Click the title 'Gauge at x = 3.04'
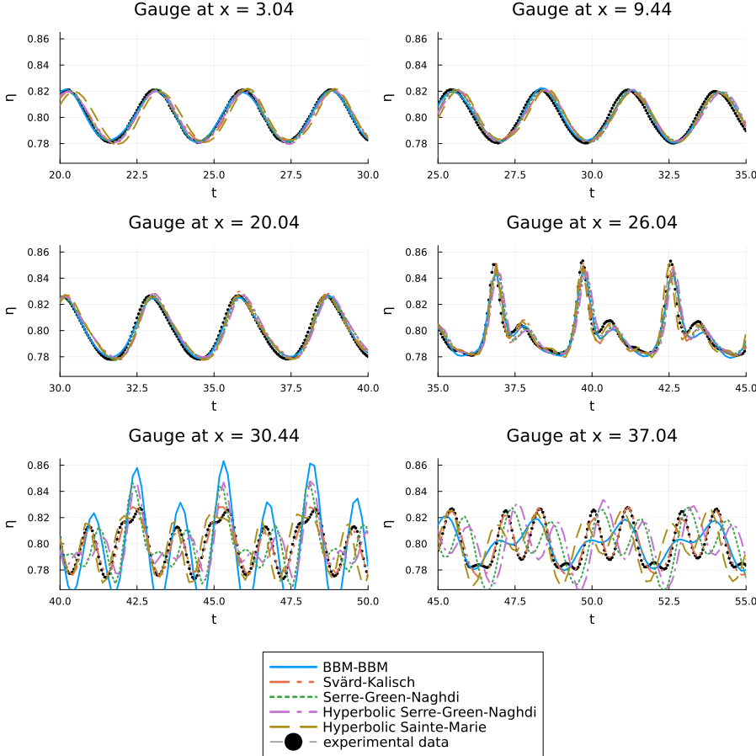point(213,10)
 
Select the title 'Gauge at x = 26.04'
point(591,223)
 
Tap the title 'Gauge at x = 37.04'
point(591,436)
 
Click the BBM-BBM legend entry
point(355,667)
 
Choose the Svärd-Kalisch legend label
point(369,682)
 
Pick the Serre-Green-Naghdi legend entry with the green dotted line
point(397,697)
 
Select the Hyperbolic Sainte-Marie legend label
point(404,727)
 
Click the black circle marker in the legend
point(293,743)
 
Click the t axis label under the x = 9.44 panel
point(591,193)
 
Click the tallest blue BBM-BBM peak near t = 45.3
point(223,461)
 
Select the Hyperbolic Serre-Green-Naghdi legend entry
point(429,712)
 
